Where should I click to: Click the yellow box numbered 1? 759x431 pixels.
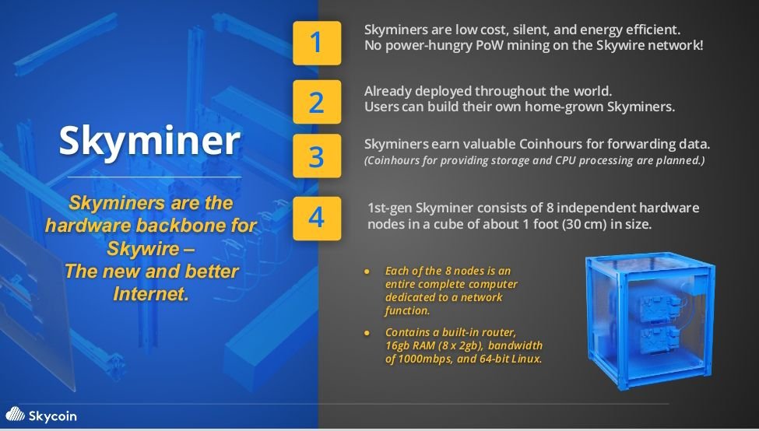click(x=317, y=43)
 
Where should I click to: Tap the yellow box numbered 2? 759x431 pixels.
click(x=317, y=102)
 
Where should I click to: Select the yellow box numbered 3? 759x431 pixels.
click(x=317, y=156)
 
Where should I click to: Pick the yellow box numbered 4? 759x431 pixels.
click(x=317, y=218)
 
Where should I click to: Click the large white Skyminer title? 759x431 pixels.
click(x=149, y=141)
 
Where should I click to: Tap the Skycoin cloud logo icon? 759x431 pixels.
click(x=15, y=415)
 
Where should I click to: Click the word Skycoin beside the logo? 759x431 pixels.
click(x=52, y=416)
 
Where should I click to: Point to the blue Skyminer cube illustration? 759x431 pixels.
click(x=650, y=321)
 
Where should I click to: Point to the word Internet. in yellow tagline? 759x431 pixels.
click(x=151, y=293)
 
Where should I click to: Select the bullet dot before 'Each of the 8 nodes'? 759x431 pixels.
click(x=367, y=272)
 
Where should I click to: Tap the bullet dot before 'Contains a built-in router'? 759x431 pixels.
click(x=367, y=333)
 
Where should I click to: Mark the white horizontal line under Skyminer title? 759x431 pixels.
click(x=154, y=177)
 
